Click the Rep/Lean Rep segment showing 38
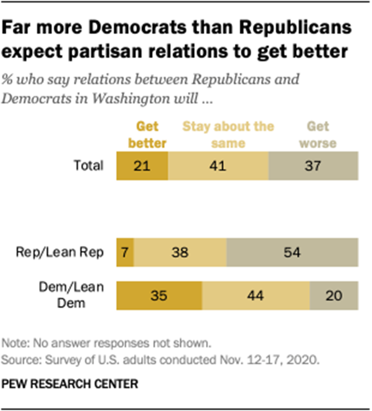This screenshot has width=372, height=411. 180,252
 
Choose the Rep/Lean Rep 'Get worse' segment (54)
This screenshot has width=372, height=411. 292,252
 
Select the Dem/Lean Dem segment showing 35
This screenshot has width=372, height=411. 159,294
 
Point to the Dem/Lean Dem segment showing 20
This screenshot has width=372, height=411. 334,294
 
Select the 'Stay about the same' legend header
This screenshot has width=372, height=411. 227,135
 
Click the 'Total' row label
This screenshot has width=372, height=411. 88,166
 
